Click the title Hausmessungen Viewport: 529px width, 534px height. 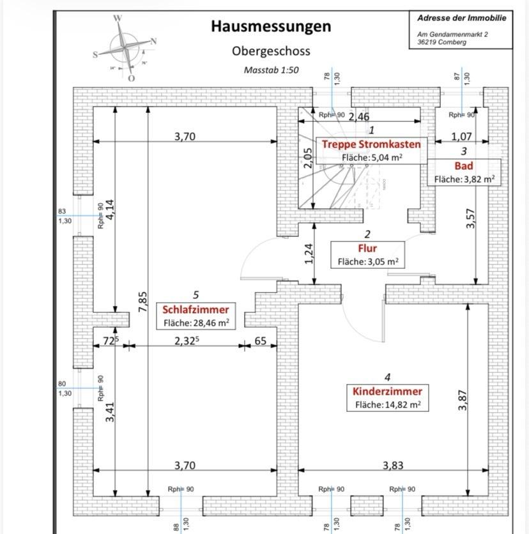coord(271,26)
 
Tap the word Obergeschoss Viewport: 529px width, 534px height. coord(271,50)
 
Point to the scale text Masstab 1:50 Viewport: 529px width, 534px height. coord(272,70)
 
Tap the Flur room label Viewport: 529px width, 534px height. coord(367,248)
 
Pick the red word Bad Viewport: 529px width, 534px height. coord(463,166)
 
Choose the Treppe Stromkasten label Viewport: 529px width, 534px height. coord(371,144)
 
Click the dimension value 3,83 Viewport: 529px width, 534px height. coord(393,465)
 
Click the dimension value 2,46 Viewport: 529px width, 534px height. coord(358,116)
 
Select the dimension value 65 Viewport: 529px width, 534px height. coord(261,341)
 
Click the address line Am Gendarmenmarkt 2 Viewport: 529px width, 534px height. coord(452,34)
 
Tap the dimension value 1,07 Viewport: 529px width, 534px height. coord(461,136)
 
